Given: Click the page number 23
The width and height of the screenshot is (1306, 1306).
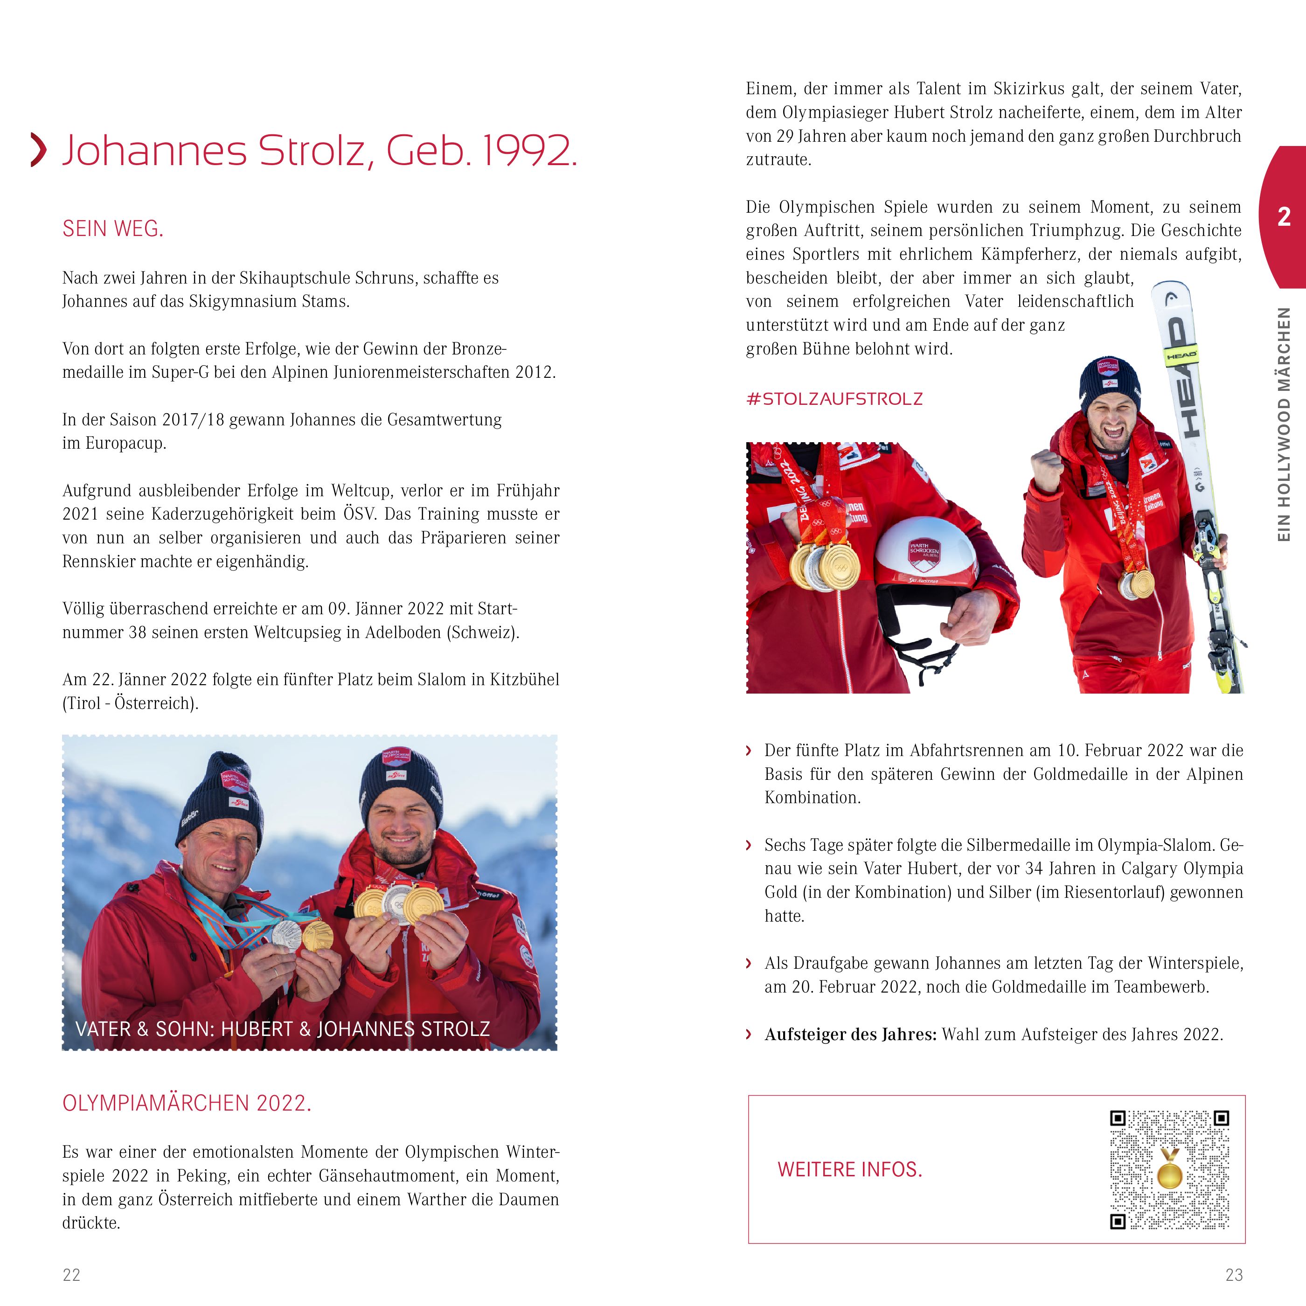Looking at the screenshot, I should click(1234, 1275).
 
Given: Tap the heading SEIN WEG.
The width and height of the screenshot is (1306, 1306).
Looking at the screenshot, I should click(113, 229).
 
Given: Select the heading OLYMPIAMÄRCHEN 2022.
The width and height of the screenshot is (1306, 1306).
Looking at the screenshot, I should click(187, 1103).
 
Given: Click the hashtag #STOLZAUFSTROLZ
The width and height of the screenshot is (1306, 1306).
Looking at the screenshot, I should click(834, 399).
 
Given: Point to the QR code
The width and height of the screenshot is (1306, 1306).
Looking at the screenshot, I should click(1169, 1169).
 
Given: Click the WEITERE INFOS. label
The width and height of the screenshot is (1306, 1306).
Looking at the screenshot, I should click(850, 1169).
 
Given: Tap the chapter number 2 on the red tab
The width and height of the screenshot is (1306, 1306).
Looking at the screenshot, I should click(1284, 217).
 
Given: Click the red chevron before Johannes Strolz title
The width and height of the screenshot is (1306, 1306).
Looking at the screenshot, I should click(39, 150).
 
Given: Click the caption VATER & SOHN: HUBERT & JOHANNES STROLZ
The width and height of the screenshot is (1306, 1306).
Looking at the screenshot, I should click(283, 1029).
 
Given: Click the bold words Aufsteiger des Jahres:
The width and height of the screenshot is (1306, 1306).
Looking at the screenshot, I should click(850, 1034).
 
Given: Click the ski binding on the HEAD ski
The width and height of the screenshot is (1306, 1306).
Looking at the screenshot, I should click(1209, 541).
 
